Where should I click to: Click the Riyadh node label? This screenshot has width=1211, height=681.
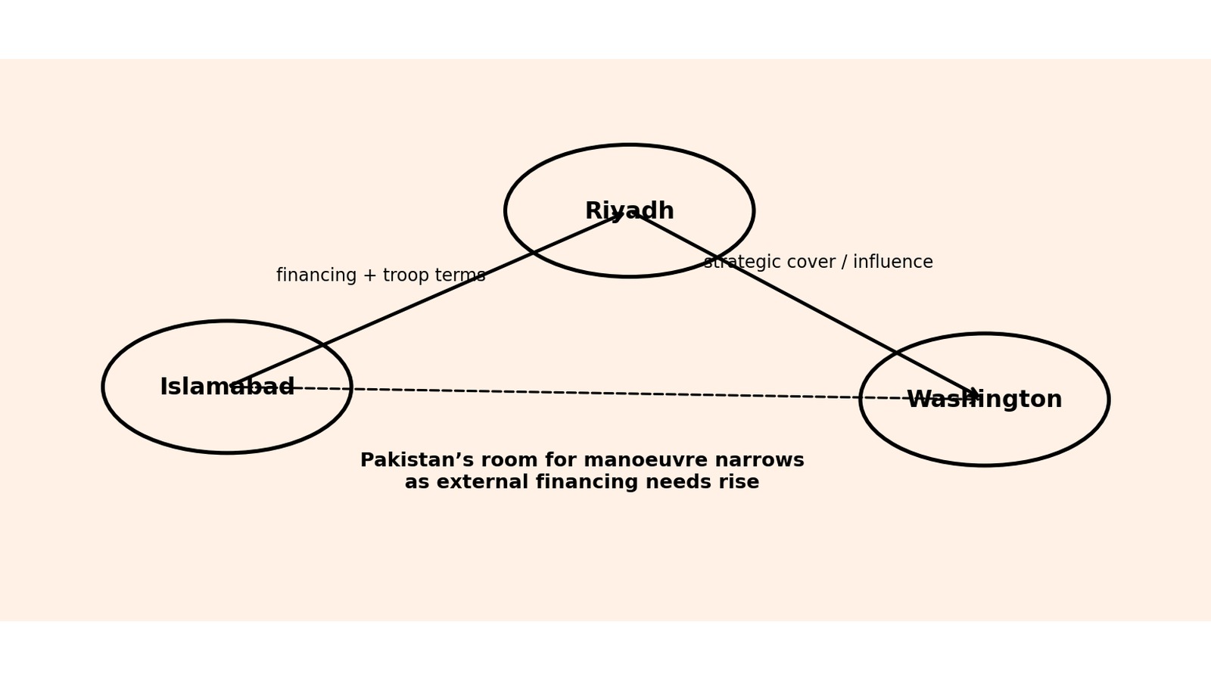coord(629,211)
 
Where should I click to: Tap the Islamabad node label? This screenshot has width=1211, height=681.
coord(227,387)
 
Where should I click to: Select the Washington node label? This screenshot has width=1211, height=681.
coord(985,400)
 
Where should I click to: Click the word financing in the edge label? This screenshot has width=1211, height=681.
coord(317,275)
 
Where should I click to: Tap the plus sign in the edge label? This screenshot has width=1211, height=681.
coord(370,275)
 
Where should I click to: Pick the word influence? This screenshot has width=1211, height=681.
coord(893,262)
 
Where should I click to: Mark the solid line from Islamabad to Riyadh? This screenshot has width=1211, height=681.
coord(426,300)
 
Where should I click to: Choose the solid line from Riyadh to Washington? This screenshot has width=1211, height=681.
coord(809,305)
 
